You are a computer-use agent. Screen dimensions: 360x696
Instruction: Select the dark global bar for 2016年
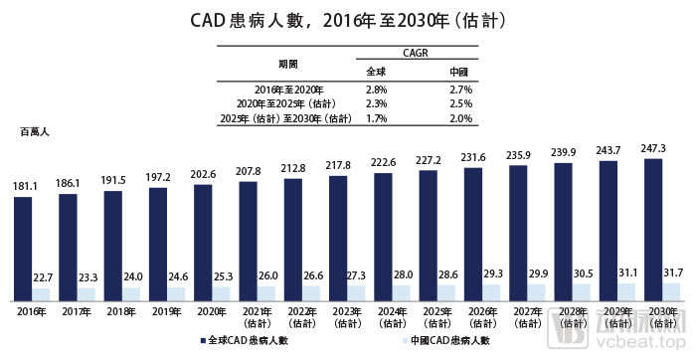(x=24, y=248)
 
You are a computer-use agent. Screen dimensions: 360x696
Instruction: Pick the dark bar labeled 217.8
(x=339, y=238)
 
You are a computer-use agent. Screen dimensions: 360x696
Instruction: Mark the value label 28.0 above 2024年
(x=403, y=273)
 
